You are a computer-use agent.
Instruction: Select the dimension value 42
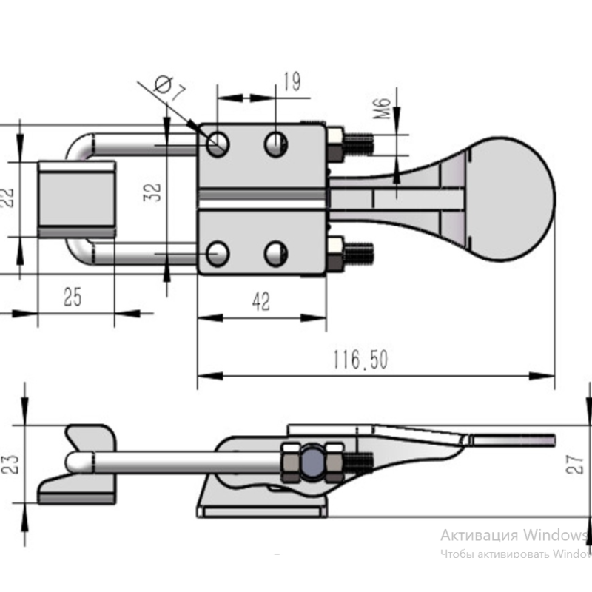260,301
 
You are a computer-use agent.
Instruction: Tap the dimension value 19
292,81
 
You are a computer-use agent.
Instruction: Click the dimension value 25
73,297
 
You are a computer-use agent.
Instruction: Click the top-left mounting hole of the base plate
218,143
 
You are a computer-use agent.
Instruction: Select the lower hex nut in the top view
335,252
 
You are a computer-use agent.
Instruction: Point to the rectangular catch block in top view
76,198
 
